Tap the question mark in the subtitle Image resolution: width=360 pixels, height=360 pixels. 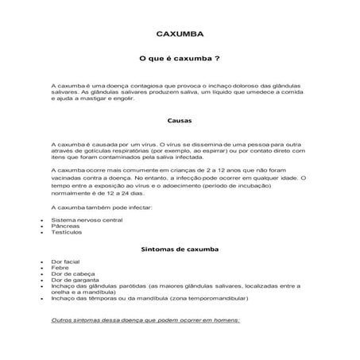click(x=217, y=59)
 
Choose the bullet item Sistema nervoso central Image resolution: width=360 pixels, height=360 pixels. click(x=86, y=219)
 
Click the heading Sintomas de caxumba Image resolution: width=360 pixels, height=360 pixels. click(x=180, y=249)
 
